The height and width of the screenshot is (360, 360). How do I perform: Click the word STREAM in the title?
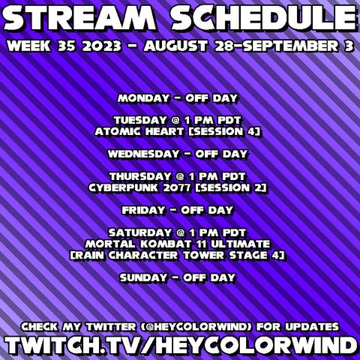click(x=79, y=17)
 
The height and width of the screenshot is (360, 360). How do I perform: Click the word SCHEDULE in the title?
click(x=264, y=17)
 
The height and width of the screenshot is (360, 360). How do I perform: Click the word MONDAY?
click(x=143, y=98)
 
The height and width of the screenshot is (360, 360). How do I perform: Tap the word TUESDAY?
click(x=140, y=120)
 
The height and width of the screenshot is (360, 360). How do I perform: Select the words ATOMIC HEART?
click(x=139, y=131)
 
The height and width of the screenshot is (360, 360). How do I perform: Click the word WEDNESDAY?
click(x=144, y=154)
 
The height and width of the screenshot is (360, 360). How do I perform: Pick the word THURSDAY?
click(x=140, y=176)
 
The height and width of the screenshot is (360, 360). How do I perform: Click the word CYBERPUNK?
click(x=124, y=187)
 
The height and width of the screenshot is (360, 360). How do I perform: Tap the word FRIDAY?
click(x=144, y=210)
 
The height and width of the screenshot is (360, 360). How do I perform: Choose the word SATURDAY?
click(x=140, y=232)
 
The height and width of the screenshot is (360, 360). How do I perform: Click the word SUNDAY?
click(x=143, y=277)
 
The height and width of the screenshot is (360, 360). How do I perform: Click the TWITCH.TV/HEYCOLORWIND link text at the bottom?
click(x=181, y=345)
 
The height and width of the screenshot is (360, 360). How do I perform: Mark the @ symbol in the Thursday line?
click(x=180, y=177)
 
